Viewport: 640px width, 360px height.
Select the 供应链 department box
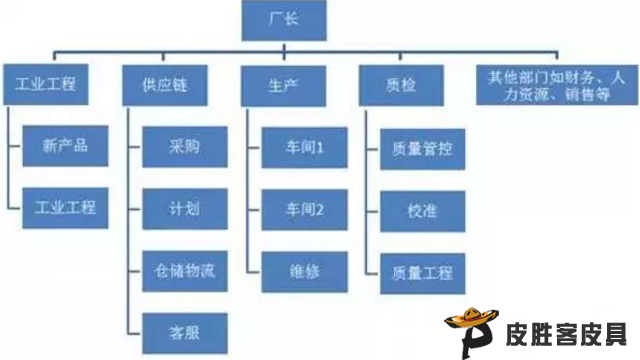pyautogui.click(x=164, y=86)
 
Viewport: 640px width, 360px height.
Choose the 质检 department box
pyautogui.click(x=400, y=86)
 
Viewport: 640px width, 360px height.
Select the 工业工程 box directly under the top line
pyautogui.click(x=47, y=85)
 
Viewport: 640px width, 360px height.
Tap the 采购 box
pyautogui.click(x=185, y=146)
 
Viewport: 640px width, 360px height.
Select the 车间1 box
pyautogui.click(x=303, y=146)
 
